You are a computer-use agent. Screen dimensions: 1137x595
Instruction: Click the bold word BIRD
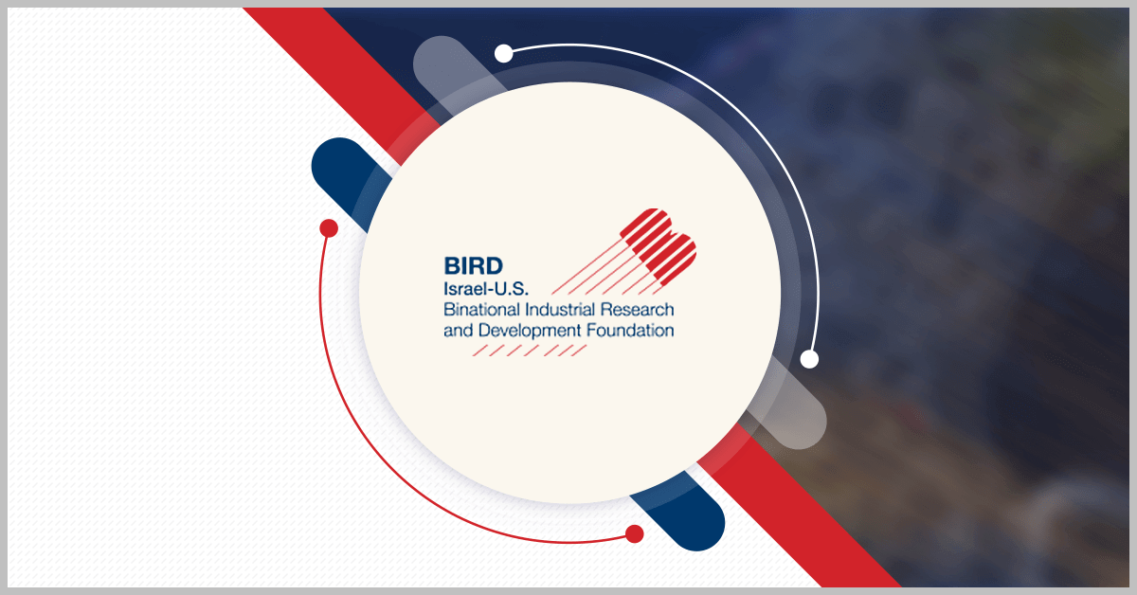(473, 265)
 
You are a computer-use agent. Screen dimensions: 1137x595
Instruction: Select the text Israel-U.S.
(486, 289)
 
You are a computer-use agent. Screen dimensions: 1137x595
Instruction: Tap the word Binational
(481, 309)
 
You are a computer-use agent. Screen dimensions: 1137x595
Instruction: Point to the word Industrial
(560, 309)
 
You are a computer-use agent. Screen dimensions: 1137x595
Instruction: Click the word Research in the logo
(637, 309)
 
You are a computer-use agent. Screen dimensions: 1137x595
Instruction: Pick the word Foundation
(630, 330)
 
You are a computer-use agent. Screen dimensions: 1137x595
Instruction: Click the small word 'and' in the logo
(459, 331)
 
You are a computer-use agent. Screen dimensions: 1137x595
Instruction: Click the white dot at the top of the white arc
(503, 53)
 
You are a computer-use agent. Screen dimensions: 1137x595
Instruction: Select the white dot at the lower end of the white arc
(809, 359)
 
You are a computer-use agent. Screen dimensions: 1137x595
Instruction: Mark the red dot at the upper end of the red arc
(329, 228)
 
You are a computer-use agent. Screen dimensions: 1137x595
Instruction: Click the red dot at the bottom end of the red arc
(635, 534)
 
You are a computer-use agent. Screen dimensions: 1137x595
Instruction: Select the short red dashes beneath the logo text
(530, 351)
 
